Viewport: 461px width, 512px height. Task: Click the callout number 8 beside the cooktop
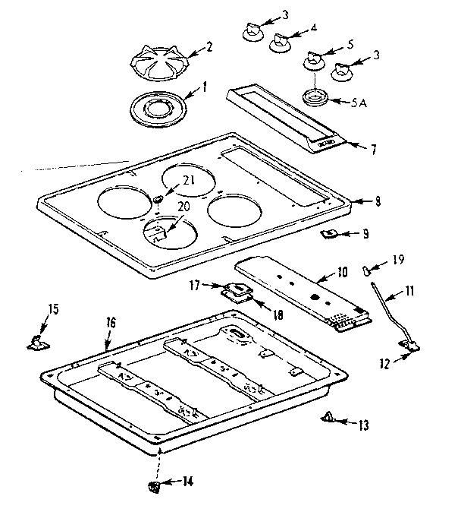[x=377, y=202]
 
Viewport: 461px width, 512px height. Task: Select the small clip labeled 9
[x=330, y=234]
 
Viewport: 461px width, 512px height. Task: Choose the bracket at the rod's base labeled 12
[x=412, y=346]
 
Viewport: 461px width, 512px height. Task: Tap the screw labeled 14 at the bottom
[x=154, y=485]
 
